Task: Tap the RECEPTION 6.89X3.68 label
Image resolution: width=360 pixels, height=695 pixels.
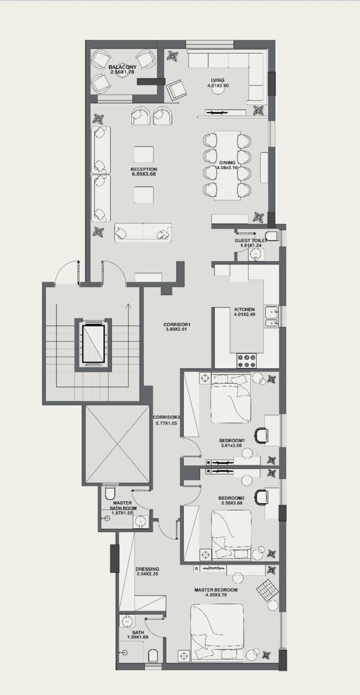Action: [144, 172]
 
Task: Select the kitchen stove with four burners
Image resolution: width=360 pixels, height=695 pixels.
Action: [247, 361]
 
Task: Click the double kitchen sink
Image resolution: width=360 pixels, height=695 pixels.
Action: [272, 317]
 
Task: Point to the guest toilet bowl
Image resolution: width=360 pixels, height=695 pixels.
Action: [273, 236]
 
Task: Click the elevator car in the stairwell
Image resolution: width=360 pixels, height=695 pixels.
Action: [93, 344]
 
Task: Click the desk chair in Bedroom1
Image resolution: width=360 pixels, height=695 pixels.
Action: [261, 435]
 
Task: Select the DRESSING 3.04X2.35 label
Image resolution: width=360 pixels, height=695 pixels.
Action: [147, 572]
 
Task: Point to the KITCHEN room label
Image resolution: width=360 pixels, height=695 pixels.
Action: [244, 309]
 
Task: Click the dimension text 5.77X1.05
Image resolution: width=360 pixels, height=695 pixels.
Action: [167, 422]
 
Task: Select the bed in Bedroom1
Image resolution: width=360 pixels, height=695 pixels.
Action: [231, 399]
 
